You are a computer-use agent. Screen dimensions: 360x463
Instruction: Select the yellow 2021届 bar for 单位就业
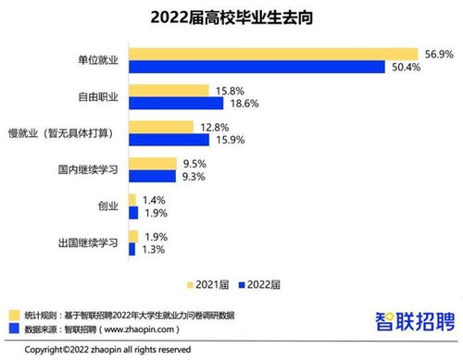coord(272,54)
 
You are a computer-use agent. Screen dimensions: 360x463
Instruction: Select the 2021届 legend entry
coord(208,283)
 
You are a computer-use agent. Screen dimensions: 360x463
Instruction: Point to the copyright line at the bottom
coord(107,350)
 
